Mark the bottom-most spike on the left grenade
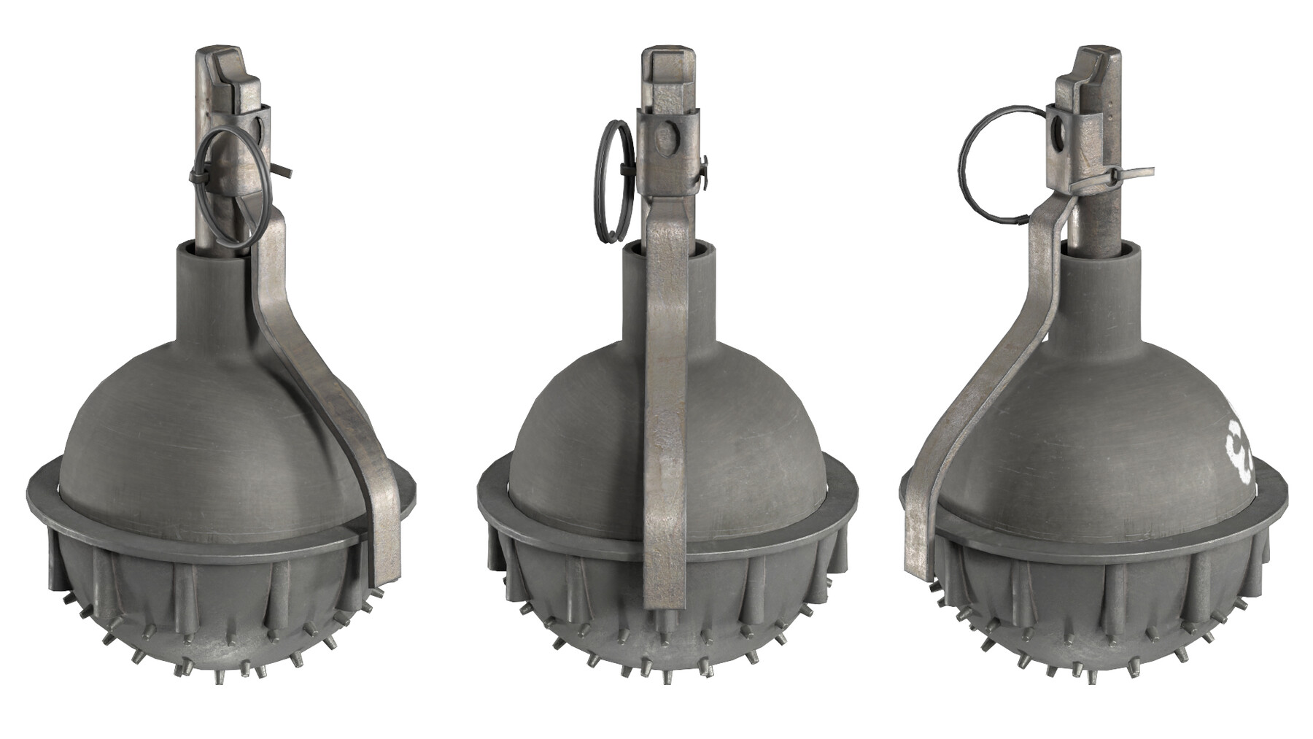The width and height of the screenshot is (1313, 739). [219, 678]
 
